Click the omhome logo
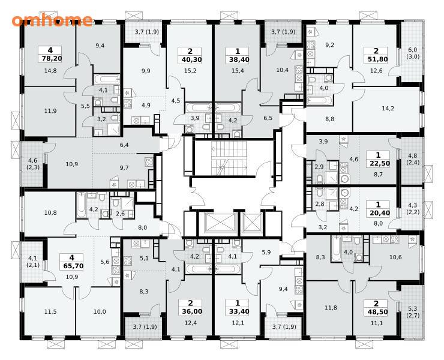(52, 20)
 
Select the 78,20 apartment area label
(50, 59)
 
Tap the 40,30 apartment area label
(190, 59)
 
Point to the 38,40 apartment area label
(237, 59)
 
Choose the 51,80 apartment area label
(376, 59)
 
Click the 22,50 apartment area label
(379, 163)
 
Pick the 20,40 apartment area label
(379, 213)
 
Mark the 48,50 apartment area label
(376, 312)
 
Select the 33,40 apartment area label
(237, 311)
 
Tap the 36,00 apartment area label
(190, 311)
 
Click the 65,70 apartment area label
(71, 266)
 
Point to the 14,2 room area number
(388, 108)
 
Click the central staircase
(229, 158)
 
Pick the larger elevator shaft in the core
(217, 223)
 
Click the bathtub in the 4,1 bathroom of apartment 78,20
(106, 79)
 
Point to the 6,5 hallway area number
(268, 118)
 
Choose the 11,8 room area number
(331, 308)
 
